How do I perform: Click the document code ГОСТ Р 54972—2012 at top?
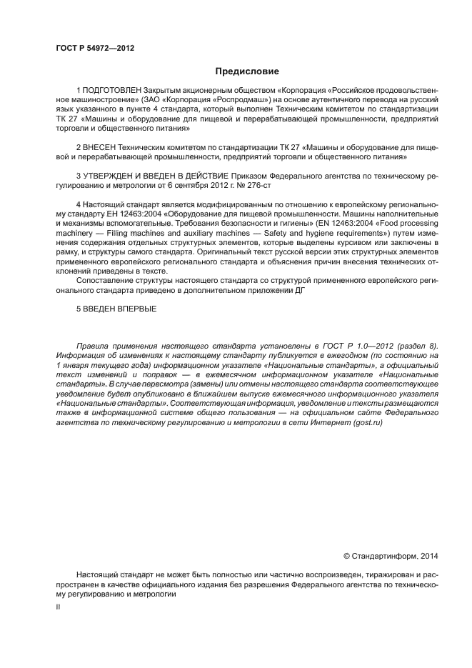[94, 48]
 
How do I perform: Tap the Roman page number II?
[59, 607]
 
